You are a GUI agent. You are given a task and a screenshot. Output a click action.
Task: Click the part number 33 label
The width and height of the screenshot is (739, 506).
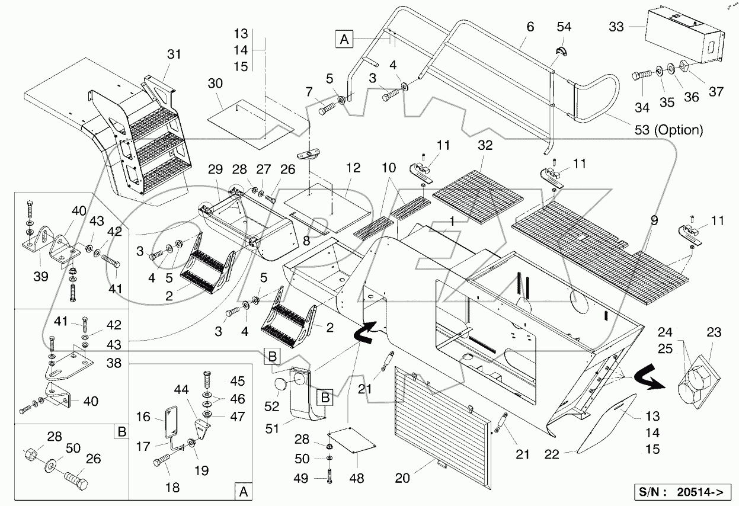click(616, 27)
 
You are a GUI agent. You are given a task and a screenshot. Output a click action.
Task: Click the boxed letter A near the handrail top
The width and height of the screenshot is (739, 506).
click(344, 40)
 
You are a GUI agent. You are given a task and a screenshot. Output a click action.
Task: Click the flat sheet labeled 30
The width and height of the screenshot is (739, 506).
click(252, 121)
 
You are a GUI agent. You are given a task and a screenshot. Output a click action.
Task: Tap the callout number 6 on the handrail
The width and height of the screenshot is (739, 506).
click(530, 27)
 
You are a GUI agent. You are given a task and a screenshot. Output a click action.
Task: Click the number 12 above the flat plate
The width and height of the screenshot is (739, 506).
click(353, 168)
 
